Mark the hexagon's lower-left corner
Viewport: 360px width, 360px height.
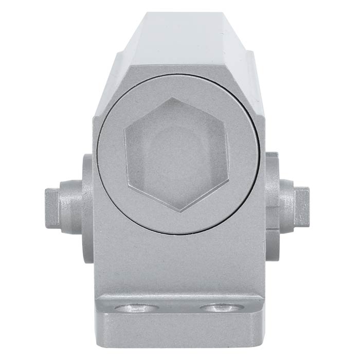pos(127,184)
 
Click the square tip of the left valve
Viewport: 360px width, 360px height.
pos(51,208)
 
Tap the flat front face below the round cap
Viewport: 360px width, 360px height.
pos(177,262)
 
